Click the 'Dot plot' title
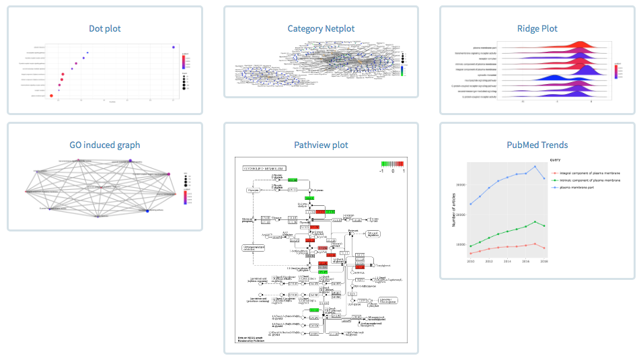click(105, 28)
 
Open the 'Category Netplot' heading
click(321, 28)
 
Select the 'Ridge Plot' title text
click(537, 28)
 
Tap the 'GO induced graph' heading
click(105, 145)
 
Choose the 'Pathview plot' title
click(321, 145)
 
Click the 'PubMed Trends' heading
click(537, 145)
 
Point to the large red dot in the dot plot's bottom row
click(52, 96)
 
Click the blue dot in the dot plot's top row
click(174, 46)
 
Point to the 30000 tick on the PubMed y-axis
click(461, 185)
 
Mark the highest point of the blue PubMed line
click(535, 166)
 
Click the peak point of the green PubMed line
click(535, 221)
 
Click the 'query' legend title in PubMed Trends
click(556, 159)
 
